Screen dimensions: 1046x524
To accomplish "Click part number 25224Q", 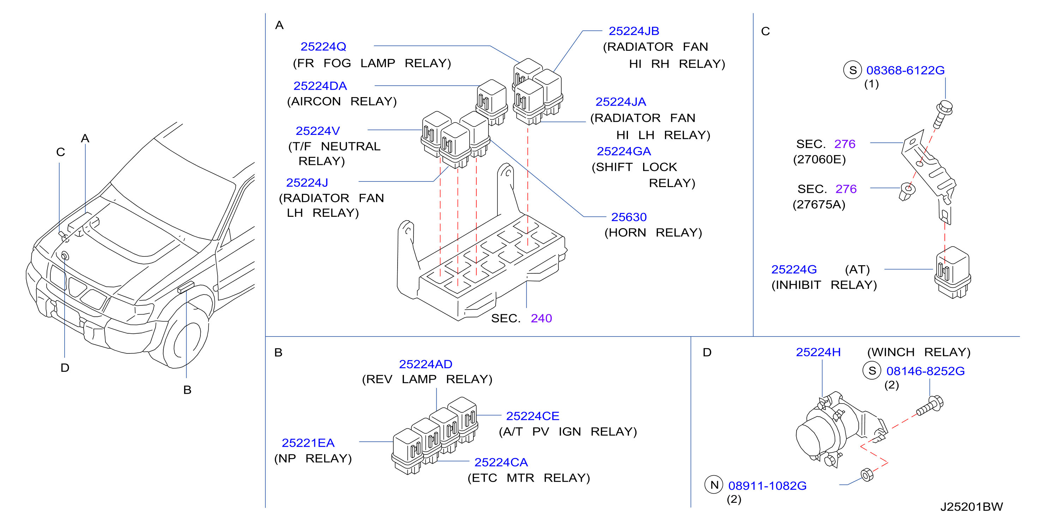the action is (x=323, y=47).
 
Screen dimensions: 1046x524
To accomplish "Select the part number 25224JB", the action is (x=634, y=31).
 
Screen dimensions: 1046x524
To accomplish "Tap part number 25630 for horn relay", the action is (x=629, y=217).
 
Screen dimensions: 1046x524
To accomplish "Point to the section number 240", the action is (x=541, y=318).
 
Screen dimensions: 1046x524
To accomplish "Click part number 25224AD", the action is (x=425, y=364).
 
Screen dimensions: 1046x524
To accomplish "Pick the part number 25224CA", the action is (x=501, y=462).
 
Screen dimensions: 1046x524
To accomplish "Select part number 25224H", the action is (x=818, y=352).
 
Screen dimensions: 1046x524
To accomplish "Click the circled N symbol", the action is (x=714, y=484).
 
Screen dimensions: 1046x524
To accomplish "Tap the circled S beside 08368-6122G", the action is (x=853, y=70).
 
